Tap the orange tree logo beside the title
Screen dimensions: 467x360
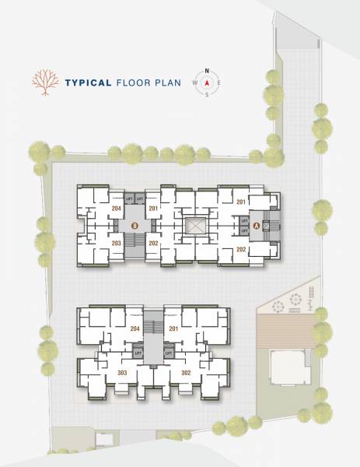coord(45,83)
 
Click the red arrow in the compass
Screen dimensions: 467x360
coord(208,83)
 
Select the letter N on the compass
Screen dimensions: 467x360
coord(208,70)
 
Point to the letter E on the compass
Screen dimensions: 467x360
coord(219,83)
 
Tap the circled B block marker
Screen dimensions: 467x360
coord(135,226)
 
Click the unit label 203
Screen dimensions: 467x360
coord(117,244)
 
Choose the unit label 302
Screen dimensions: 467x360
coord(186,373)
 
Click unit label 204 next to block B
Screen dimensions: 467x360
coord(117,209)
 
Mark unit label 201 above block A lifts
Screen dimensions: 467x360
coord(241,203)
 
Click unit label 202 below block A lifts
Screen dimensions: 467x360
coord(241,249)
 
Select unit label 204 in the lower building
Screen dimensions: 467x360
coord(135,328)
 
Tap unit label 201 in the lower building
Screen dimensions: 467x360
coord(173,328)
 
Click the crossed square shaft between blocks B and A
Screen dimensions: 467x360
coord(194,226)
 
